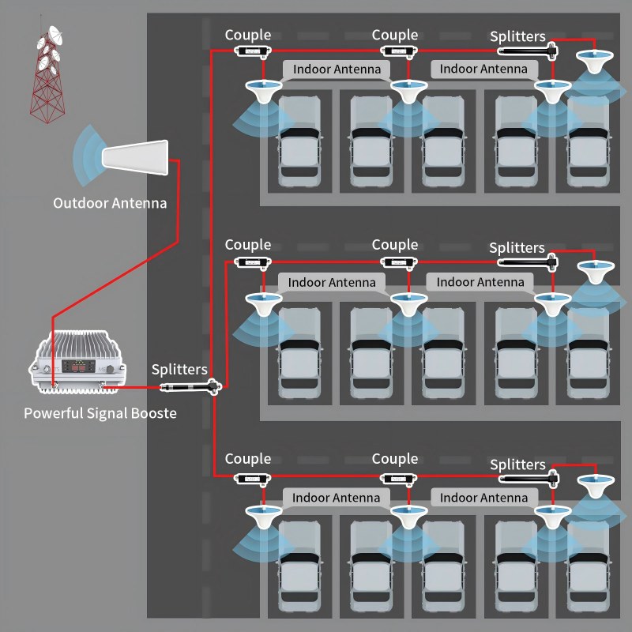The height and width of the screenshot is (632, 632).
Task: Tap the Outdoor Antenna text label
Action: click(x=110, y=203)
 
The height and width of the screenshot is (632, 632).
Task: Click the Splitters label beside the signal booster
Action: click(x=179, y=369)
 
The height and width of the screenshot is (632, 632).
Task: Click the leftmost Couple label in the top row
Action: click(x=247, y=35)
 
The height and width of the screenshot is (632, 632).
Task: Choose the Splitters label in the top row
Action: click(x=517, y=36)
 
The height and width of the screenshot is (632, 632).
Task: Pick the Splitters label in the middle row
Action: click(x=517, y=248)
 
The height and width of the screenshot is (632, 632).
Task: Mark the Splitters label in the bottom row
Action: click(x=517, y=465)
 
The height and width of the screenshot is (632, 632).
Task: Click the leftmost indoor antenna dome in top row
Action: click(x=262, y=88)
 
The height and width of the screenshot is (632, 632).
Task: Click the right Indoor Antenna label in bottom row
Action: click(x=483, y=498)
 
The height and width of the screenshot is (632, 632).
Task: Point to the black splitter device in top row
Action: click(x=529, y=51)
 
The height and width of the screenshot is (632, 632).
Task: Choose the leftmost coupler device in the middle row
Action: click(x=250, y=262)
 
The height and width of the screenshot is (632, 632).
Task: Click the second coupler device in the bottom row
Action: click(x=398, y=478)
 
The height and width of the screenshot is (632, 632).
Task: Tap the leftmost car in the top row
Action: click(x=300, y=142)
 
